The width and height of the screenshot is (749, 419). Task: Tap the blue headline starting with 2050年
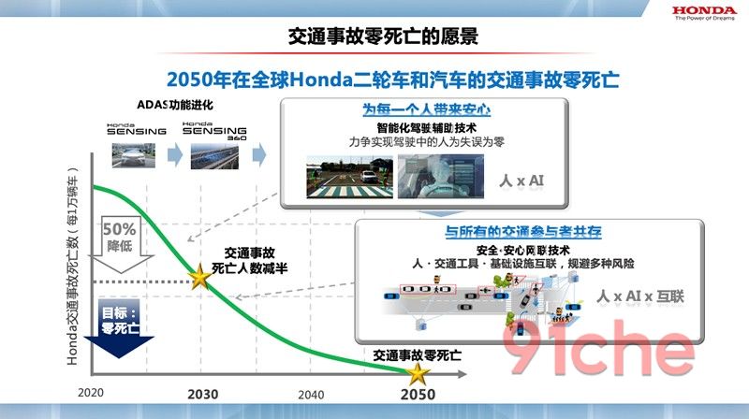pos(393,79)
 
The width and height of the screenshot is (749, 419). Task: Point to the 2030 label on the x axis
pos(202,395)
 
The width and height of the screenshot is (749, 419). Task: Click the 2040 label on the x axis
pos(311,395)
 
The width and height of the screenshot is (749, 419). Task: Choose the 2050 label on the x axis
pos(418,395)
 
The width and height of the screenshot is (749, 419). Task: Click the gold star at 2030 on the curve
pos(199,277)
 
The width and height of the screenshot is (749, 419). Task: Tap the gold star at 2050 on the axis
pos(418,373)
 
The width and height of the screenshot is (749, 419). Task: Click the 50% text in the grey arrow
pos(120,229)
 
